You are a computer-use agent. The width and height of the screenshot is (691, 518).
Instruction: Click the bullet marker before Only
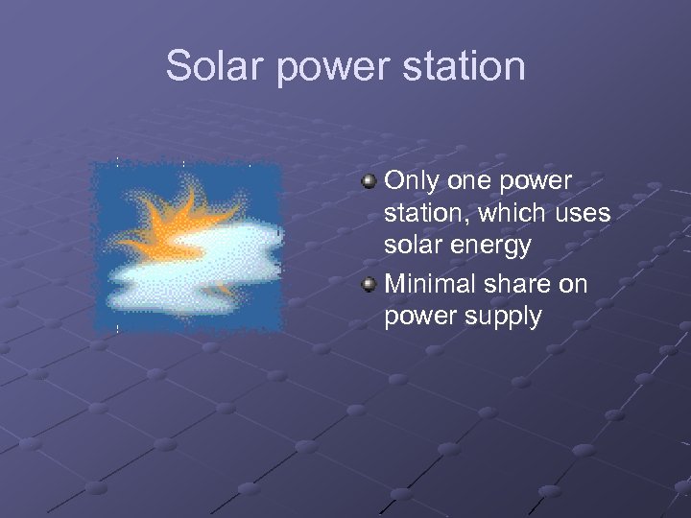(x=369, y=181)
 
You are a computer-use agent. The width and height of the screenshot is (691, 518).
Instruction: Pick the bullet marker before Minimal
(x=369, y=285)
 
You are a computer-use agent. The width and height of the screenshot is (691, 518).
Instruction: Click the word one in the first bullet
(x=470, y=181)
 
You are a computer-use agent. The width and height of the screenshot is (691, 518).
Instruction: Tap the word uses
(x=584, y=214)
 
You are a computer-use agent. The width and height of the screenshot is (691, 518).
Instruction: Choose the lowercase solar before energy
(x=415, y=246)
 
